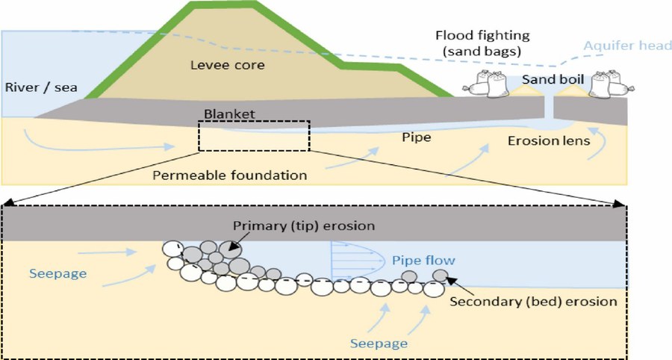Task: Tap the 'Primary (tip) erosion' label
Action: point(303,226)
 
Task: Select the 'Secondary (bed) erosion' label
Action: point(533,302)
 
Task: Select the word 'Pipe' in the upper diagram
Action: point(416,138)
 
